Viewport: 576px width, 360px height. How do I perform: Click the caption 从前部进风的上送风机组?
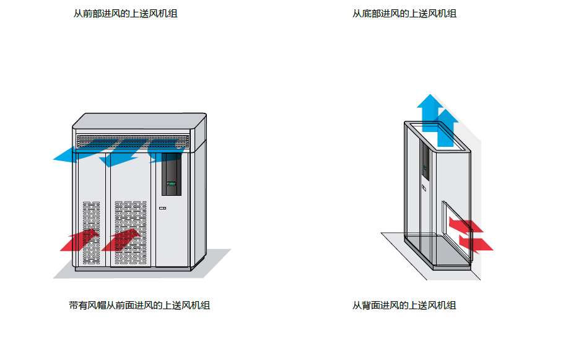coord(125,14)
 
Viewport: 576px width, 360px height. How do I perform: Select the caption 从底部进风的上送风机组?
coord(404,14)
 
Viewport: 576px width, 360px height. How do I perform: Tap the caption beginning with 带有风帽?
coord(139,305)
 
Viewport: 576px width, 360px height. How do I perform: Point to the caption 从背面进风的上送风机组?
coord(404,305)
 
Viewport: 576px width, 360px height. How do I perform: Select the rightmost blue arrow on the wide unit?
coord(165,151)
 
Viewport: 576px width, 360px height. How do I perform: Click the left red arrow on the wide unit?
coord(80,240)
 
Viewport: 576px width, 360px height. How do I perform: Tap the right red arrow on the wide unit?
coord(121,240)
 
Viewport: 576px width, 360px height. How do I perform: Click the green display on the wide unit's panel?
coord(171,183)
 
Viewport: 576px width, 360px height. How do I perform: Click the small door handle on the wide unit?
coord(162,208)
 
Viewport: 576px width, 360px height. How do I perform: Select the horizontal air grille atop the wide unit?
coord(133,141)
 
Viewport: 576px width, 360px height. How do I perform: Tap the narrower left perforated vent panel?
coord(92,232)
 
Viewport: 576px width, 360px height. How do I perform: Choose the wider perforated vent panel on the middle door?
coord(131,232)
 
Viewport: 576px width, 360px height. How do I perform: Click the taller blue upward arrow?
coord(430,112)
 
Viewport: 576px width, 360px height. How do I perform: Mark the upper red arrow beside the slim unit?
coord(466,226)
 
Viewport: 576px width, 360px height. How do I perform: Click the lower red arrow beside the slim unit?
coord(476,244)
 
